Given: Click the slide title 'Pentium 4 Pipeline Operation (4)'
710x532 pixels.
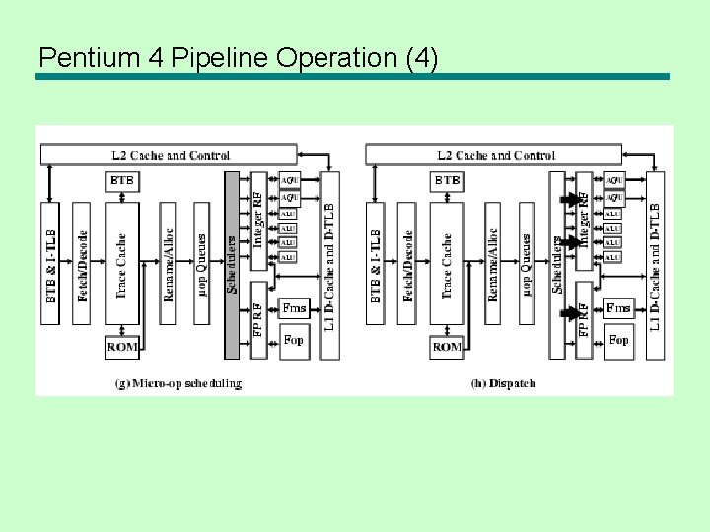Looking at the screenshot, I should tap(237, 57).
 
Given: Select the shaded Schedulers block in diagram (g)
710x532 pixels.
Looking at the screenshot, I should tap(232, 264).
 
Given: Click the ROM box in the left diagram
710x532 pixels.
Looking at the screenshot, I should tap(122, 347).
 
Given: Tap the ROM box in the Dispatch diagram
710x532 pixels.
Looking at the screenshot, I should tap(447, 347).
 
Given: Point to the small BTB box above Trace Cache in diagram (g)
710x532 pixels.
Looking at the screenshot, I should tap(122, 181).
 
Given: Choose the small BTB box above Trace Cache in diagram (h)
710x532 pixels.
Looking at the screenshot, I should tap(447, 181).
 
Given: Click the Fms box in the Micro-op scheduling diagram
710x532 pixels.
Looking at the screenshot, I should tap(294, 308).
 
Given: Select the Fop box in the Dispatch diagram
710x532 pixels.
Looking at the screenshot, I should tap(618, 340).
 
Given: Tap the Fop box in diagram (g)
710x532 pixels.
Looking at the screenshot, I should tap(294, 340).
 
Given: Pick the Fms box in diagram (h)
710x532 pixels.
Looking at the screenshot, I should tap(618, 308).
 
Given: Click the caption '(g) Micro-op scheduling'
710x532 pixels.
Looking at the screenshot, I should tap(178, 383).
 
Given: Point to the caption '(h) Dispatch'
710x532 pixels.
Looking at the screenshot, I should tap(503, 383).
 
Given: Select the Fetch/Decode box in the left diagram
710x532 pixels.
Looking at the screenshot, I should tap(84, 264).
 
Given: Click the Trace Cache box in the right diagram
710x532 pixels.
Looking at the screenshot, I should tap(447, 264).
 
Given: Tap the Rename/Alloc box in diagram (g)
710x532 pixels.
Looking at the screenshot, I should tap(170, 264).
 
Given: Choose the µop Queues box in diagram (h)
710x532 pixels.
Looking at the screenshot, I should tap(527, 264).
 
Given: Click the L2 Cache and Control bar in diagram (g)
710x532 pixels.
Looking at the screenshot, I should tap(168, 155).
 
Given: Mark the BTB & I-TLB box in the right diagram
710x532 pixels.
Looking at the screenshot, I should tap(376, 264).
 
